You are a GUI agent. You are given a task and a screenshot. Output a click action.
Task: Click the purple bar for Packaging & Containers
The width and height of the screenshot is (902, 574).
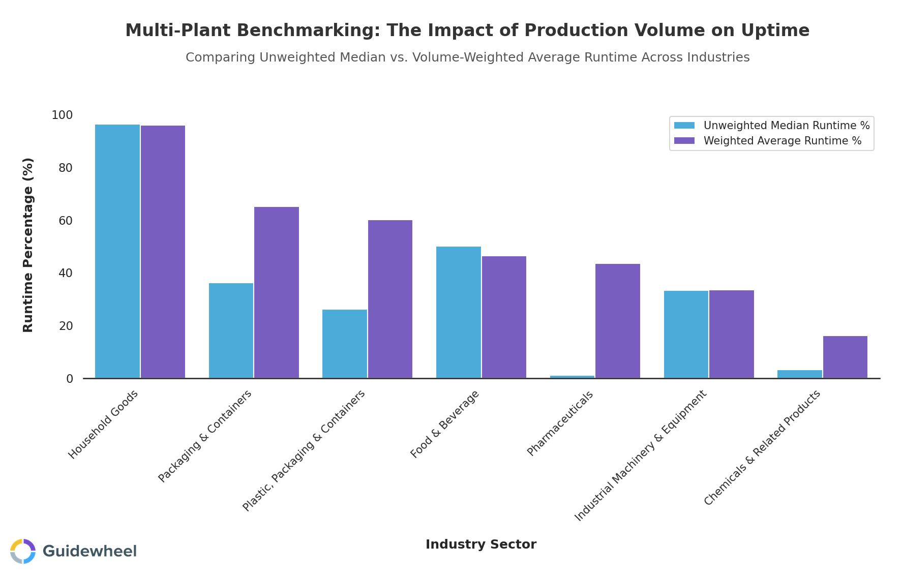pyautogui.click(x=277, y=292)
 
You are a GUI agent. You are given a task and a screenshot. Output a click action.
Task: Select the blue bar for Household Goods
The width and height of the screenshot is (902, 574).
pyautogui.click(x=117, y=251)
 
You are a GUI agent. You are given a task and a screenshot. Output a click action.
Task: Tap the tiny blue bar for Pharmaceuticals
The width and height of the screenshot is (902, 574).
pyautogui.click(x=572, y=377)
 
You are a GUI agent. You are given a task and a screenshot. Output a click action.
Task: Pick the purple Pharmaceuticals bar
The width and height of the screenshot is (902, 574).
pyautogui.click(x=618, y=321)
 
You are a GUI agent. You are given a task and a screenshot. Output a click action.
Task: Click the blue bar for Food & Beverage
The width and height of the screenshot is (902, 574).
pyautogui.click(x=459, y=312)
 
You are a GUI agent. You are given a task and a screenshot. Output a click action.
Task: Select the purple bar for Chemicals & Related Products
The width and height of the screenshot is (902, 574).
pyautogui.click(x=845, y=357)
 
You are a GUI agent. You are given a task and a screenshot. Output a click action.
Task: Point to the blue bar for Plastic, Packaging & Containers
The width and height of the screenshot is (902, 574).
pyautogui.click(x=345, y=344)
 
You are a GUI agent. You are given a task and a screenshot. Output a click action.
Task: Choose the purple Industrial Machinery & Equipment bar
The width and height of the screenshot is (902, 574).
pyautogui.click(x=732, y=334)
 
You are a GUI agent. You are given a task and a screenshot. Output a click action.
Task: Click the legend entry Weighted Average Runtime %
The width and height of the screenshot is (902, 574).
pyautogui.click(x=782, y=141)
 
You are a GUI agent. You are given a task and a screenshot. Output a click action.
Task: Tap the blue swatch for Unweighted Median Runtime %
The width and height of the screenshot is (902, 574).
pyautogui.click(x=684, y=126)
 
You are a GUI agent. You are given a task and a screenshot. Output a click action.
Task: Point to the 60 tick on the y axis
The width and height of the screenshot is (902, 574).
pyautogui.click(x=66, y=221)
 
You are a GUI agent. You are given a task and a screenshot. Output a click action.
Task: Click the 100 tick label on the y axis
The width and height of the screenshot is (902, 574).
pyautogui.click(x=62, y=115)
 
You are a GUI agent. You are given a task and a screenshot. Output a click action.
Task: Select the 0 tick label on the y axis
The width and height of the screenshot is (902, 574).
pyautogui.click(x=70, y=379)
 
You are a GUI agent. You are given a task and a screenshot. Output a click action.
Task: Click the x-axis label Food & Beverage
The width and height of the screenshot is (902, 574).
pyautogui.click(x=445, y=424)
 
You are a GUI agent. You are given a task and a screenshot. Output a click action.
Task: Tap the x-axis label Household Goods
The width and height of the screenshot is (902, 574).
pyautogui.click(x=103, y=425)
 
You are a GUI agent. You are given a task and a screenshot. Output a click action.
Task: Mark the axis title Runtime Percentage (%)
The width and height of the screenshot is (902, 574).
pyautogui.click(x=28, y=245)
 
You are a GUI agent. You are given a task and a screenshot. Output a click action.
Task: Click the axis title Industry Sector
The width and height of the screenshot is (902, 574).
pyautogui.click(x=480, y=545)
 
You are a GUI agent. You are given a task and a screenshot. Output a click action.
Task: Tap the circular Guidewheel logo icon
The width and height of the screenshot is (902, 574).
pyautogui.click(x=23, y=551)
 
